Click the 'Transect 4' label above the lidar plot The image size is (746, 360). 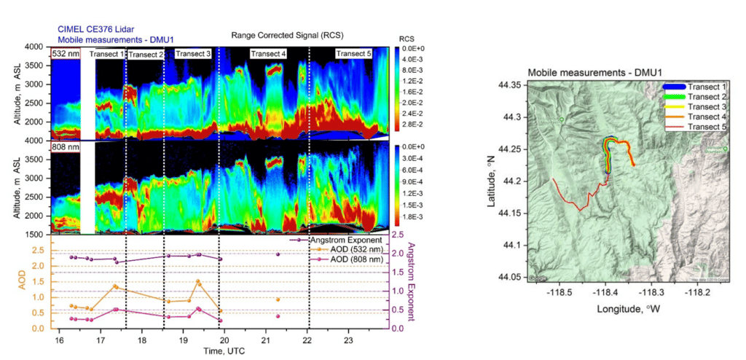tap(268, 54)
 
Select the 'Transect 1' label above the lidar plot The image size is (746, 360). tap(106, 54)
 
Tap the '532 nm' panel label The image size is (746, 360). tap(64, 53)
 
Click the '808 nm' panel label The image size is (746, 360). tap(64, 147)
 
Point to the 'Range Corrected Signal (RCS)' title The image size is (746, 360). tap(286, 35)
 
